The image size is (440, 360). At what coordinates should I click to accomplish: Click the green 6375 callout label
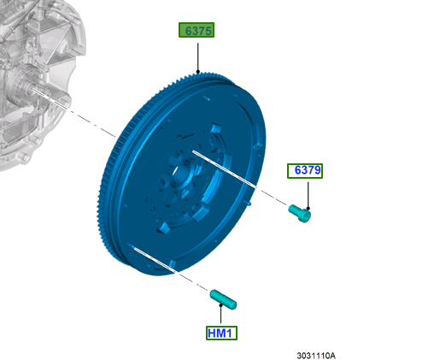[197, 30]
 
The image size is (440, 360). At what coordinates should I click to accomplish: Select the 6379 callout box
[305, 171]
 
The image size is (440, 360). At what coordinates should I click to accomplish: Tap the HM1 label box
[221, 333]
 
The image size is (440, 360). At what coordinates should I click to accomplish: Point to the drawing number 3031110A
[316, 356]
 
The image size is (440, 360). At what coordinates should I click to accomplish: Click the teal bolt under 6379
[300, 213]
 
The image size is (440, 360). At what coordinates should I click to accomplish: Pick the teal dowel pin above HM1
[223, 299]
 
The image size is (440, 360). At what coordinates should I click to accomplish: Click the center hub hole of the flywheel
[181, 174]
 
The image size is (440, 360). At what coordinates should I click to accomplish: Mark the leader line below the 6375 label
[197, 57]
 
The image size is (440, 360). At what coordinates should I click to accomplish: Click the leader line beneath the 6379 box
[308, 195]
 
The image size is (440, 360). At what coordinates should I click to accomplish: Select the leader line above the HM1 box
[220, 314]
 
